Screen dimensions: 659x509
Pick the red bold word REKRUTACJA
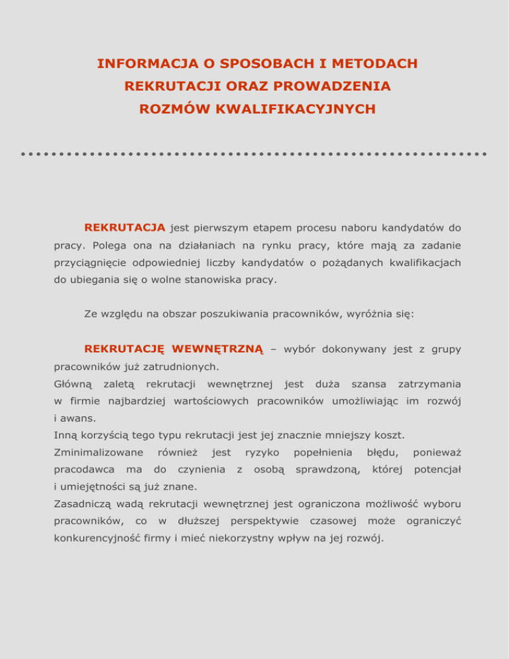(x=125, y=228)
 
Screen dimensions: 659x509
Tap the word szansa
(x=368, y=383)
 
